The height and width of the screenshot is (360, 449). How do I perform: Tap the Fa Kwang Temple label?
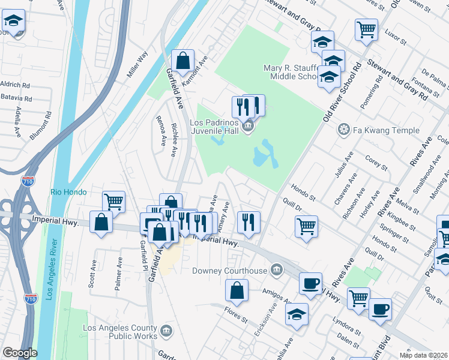pyautogui.click(x=378, y=130)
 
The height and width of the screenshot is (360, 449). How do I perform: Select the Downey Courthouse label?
pyautogui.click(x=229, y=271)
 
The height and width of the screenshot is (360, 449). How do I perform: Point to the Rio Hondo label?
pyautogui.click(x=68, y=193)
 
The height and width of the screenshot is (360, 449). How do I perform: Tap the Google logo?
pyautogui.click(x=19, y=353)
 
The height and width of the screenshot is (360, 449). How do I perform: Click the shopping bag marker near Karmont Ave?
pyautogui.click(x=182, y=61)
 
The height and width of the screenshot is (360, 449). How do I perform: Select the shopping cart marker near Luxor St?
pyautogui.click(x=366, y=29)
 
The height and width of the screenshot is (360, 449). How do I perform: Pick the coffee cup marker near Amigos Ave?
pyautogui.click(x=310, y=284)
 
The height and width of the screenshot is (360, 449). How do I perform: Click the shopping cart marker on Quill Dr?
pyautogui.click(x=306, y=227)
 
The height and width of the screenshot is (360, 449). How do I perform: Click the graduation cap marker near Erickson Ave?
pyautogui.click(x=297, y=314)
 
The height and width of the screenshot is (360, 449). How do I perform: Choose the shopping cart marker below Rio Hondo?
pyautogui.click(x=113, y=202)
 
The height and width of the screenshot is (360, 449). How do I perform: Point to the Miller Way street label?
pyautogui.click(x=137, y=65)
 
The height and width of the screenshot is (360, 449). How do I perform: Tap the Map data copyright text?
pyautogui.click(x=424, y=355)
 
